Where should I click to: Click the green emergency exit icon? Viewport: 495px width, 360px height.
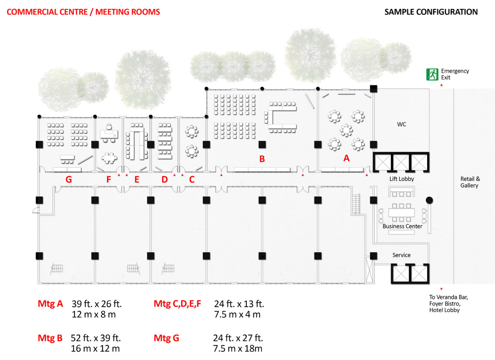[432, 74]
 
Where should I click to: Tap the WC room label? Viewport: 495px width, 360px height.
[402, 124]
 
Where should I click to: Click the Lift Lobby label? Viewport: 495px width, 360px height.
[402, 179]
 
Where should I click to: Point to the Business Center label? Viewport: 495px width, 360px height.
[402, 226]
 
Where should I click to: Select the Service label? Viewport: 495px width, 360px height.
[402, 255]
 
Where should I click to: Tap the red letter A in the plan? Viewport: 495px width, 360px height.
[346, 158]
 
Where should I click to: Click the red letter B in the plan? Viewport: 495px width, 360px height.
[262, 159]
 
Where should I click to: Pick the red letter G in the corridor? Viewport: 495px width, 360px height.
[69, 179]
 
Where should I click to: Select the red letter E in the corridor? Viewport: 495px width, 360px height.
[137, 179]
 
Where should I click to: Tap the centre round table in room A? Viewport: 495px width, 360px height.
[346, 130]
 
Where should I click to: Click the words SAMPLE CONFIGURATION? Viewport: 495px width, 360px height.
[431, 12]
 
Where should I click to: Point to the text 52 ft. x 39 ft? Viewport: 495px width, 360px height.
[96, 338]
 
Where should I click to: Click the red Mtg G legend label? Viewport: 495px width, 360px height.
[166, 338]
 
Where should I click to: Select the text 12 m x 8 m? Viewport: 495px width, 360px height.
[94, 314]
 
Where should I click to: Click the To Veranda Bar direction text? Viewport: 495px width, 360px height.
[449, 297]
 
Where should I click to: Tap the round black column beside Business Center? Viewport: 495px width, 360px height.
[429, 200]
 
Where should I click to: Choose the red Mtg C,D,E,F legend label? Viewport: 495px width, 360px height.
[178, 304]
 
